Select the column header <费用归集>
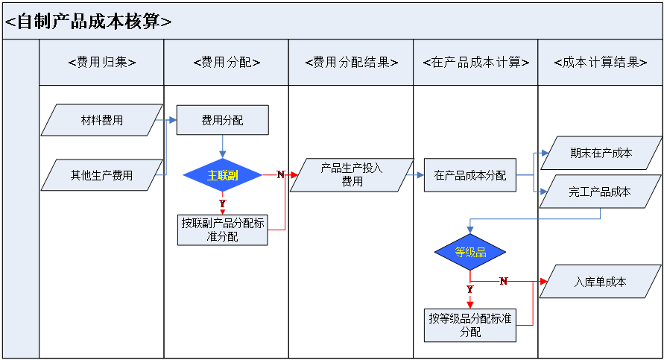(x=101, y=63)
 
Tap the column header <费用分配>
(x=226, y=63)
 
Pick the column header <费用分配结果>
(x=351, y=63)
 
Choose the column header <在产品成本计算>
(x=475, y=63)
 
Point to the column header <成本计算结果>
(x=600, y=63)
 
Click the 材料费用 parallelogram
(x=102, y=120)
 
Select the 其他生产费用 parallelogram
(x=102, y=176)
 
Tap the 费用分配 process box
(x=222, y=120)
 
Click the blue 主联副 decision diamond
(x=222, y=175)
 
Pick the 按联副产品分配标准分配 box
(x=222, y=230)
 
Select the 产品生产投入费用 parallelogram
(x=352, y=175)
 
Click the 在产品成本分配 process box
(x=469, y=176)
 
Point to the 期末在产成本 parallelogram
(x=601, y=153)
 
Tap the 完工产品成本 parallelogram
(x=600, y=192)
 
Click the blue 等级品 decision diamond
(x=470, y=252)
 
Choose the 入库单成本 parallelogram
(x=600, y=282)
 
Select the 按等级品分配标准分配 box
(x=470, y=325)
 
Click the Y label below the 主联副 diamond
(x=222, y=203)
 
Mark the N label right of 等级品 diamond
(x=503, y=281)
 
